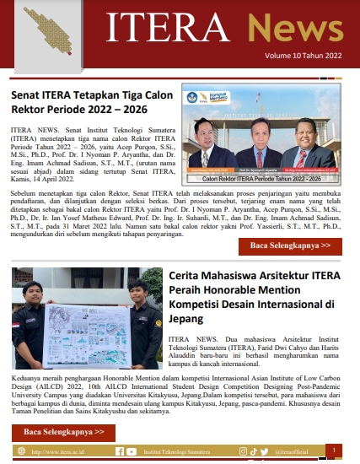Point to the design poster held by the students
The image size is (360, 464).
pyautogui.click(x=86, y=314)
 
